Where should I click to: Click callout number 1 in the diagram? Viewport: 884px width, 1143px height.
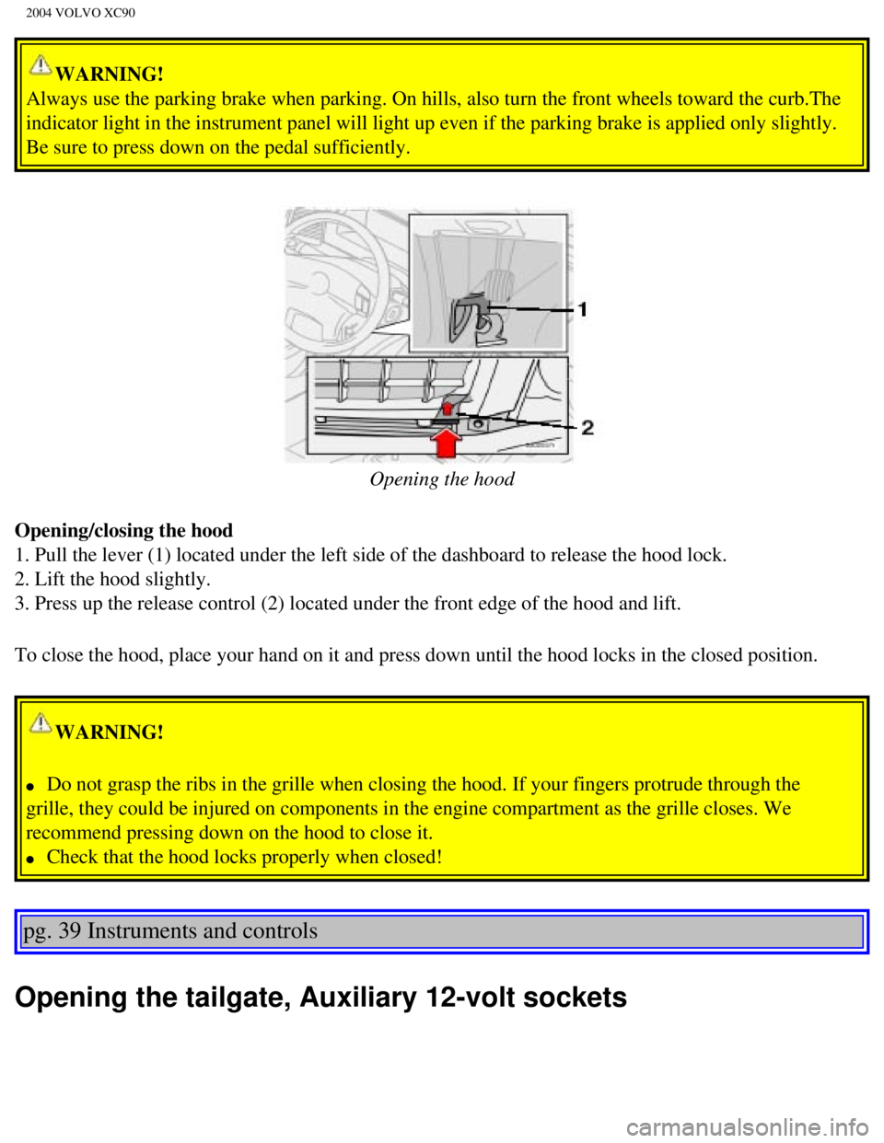[582, 309]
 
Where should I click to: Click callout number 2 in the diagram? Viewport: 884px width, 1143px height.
[587, 427]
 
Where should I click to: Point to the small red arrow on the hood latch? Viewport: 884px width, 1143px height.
[447, 405]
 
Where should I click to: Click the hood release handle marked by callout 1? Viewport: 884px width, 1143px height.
[468, 313]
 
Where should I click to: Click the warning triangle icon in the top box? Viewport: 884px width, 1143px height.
[41, 65]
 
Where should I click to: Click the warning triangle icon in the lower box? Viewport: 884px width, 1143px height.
[41, 723]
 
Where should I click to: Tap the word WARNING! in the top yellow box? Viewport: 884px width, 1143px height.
[110, 75]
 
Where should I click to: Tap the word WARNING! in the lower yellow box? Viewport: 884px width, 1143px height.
[110, 733]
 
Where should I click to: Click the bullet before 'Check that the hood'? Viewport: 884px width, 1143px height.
[31, 858]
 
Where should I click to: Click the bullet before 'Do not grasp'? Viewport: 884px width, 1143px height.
[31, 786]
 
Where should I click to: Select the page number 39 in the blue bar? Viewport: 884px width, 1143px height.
[69, 931]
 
